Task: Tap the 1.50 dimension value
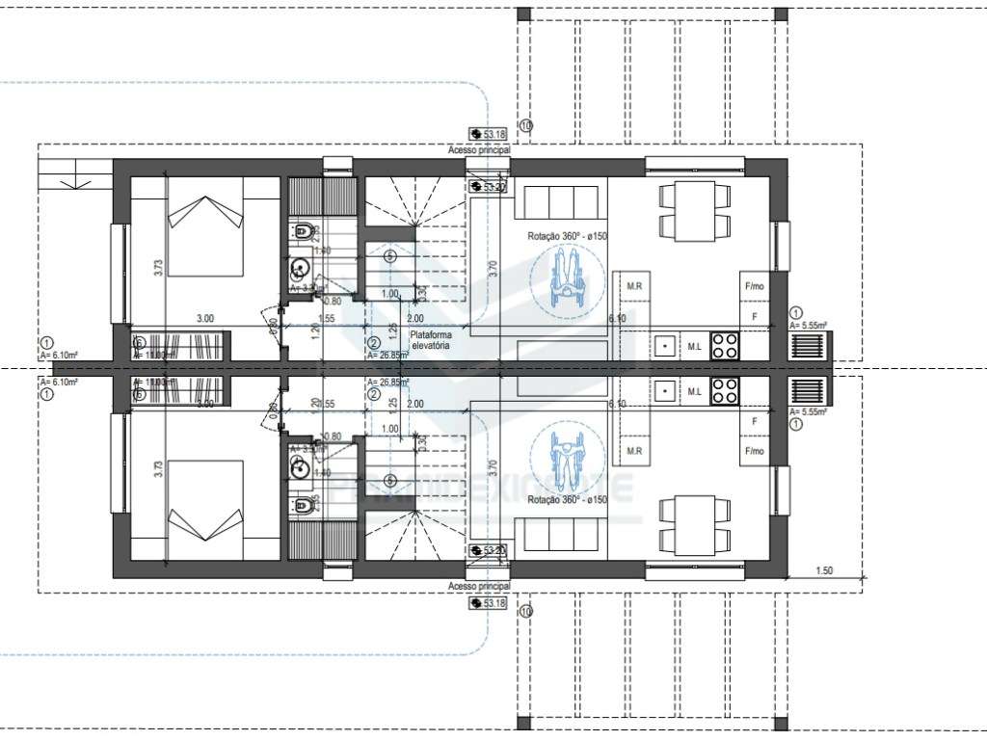click(x=824, y=570)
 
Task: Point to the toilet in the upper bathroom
click(x=303, y=231)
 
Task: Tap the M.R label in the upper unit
click(x=634, y=286)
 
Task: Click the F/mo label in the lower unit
click(x=754, y=451)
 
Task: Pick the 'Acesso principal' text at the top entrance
click(x=478, y=151)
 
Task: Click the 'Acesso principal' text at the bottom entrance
click(x=478, y=586)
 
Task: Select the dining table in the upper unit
click(x=692, y=211)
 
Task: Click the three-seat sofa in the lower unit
click(x=561, y=533)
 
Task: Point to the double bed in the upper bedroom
click(x=204, y=224)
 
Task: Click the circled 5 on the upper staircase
click(x=389, y=256)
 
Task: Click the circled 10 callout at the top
click(x=525, y=125)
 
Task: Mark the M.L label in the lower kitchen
click(x=694, y=391)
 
